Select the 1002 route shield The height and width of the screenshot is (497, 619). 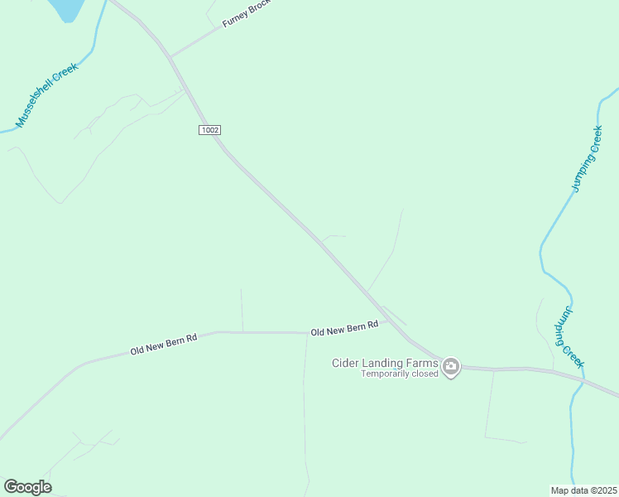coord(210,130)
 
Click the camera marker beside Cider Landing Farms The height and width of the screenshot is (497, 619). coord(451,367)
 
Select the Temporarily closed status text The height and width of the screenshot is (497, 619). coord(399,374)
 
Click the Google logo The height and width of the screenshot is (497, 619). coord(27,487)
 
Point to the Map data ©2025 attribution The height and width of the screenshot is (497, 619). coord(584,490)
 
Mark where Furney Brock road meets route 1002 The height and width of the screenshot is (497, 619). coord(170,57)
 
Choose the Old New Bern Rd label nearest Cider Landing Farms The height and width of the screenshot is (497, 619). coord(344,328)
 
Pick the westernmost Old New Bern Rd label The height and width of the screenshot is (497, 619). coord(164,345)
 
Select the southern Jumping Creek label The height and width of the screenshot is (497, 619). coord(569,337)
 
